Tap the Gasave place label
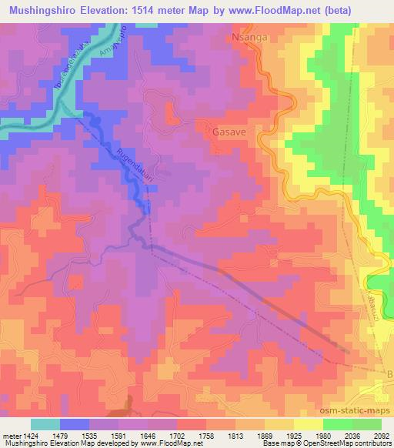(x=229, y=132)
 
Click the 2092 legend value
(x=380, y=436)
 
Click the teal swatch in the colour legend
(x=45, y=424)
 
